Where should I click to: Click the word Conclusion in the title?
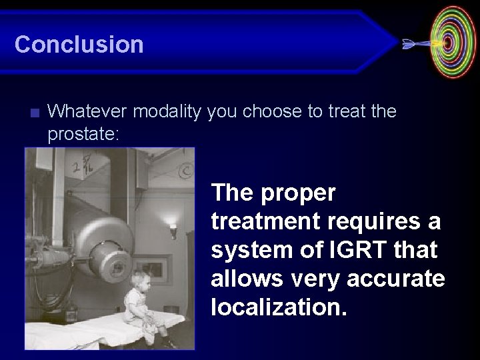[79, 45]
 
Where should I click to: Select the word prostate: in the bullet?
[83, 134]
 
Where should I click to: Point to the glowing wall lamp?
[173, 231]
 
